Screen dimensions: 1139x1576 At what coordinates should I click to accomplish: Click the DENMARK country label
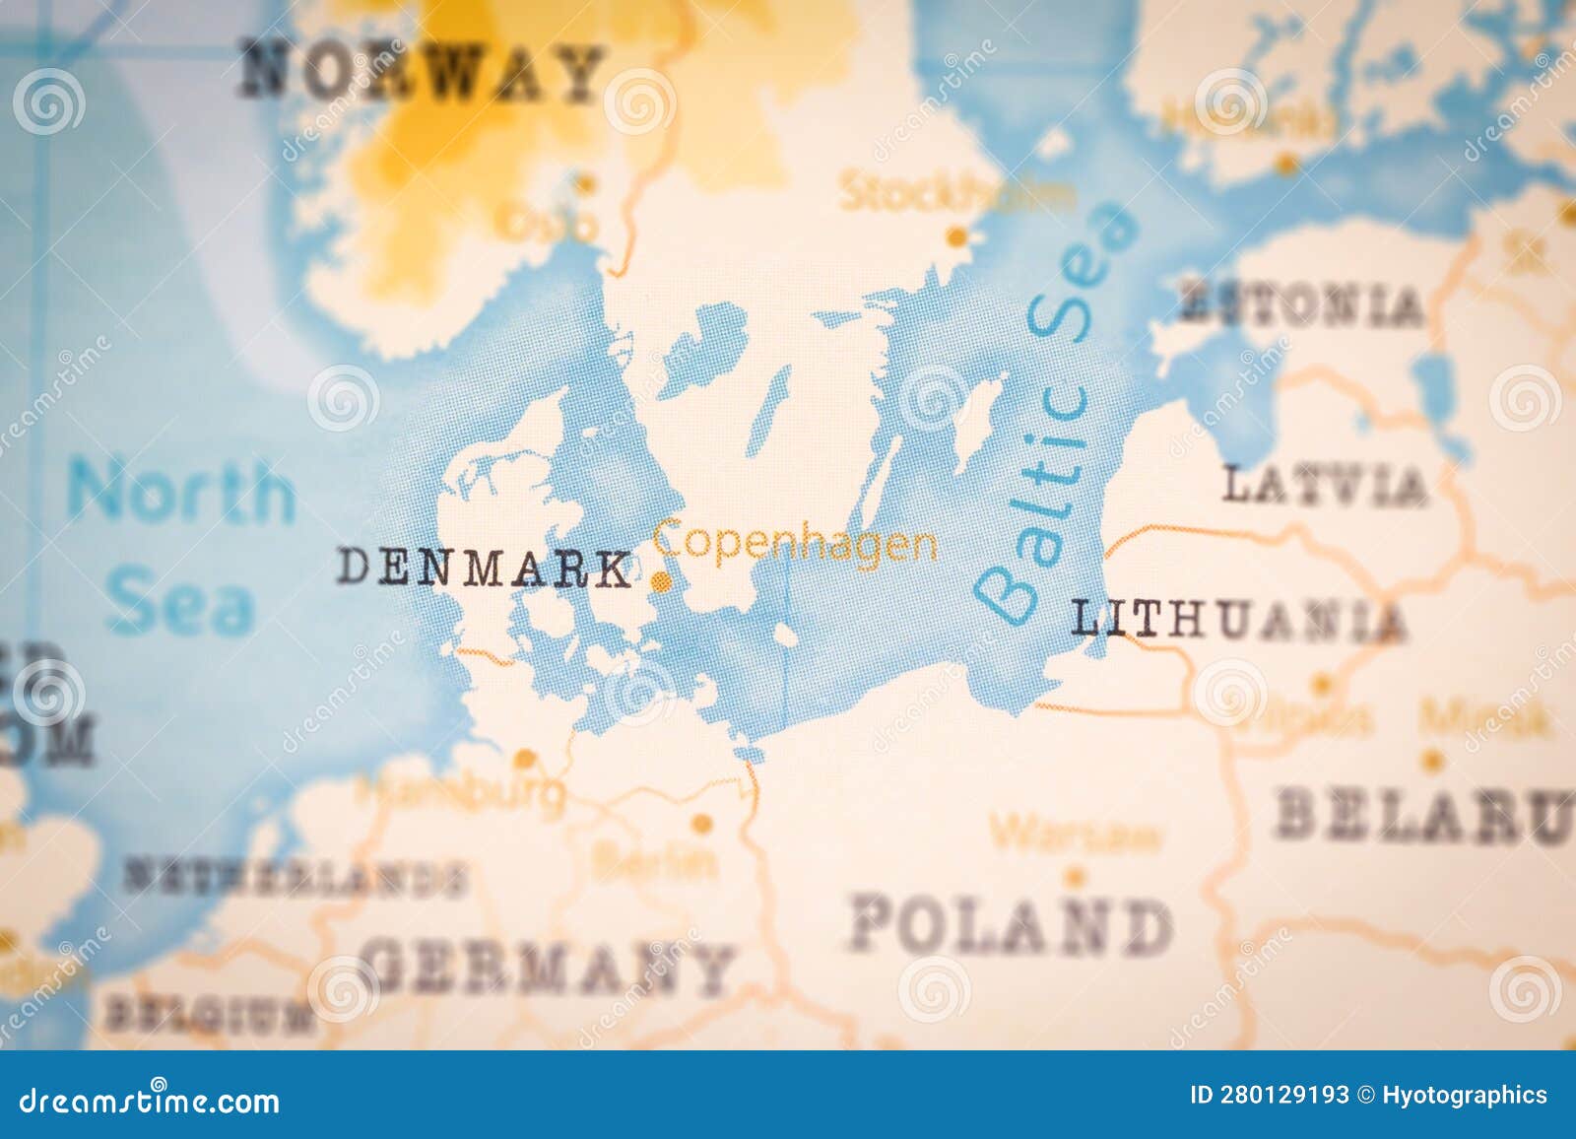(x=485, y=569)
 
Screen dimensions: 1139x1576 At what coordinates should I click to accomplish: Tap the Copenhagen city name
(x=795, y=543)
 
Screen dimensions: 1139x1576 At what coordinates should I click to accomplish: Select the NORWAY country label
(x=422, y=73)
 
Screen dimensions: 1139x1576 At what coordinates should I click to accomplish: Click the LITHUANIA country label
(x=1237, y=621)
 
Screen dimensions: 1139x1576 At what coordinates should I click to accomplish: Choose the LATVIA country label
(x=1324, y=486)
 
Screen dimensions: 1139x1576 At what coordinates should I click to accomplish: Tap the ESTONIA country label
(x=1301, y=304)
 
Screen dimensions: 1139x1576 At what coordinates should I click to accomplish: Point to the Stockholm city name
(x=953, y=192)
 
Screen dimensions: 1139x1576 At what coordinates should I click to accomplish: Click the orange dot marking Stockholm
(x=955, y=236)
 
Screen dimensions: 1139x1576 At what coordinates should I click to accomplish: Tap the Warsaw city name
(x=1076, y=836)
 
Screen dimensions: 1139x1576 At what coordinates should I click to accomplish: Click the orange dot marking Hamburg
(x=526, y=759)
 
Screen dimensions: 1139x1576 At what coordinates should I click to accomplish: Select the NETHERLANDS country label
(x=294, y=876)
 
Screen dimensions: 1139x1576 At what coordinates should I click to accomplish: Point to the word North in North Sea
(x=181, y=492)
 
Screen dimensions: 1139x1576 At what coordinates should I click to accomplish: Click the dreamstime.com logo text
(x=150, y=1101)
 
